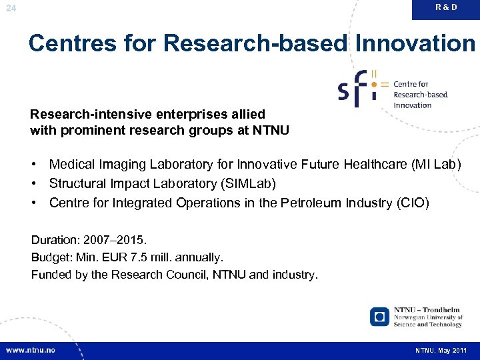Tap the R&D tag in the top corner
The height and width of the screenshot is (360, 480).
446,7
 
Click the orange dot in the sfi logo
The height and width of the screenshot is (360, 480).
374,85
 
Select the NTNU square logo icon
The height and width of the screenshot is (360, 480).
379,317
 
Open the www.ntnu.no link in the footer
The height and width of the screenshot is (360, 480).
31,350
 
